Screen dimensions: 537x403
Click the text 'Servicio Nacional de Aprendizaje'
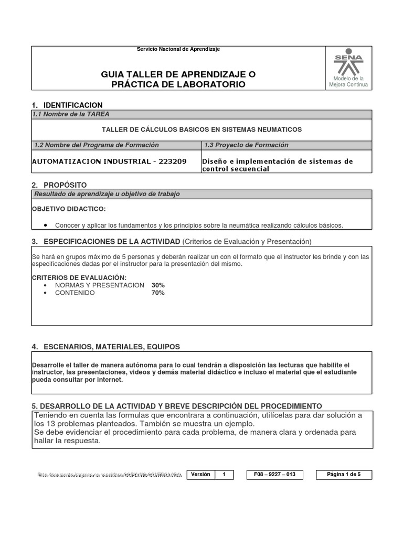[178, 49]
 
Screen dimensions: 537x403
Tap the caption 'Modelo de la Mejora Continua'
[348, 81]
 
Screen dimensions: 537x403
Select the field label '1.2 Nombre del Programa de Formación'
[96, 145]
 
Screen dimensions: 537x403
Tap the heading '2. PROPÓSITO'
[59, 185]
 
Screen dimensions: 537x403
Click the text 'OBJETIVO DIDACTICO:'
[69, 209]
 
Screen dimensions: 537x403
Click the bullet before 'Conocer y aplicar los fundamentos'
[47, 225]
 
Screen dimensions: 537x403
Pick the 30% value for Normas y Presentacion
[157, 285]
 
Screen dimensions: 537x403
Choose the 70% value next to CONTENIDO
[157, 293]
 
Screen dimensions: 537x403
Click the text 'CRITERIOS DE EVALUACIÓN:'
[79, 277]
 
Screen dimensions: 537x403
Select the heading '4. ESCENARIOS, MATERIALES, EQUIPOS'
[105, 347]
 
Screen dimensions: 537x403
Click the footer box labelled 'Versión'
[200, 475]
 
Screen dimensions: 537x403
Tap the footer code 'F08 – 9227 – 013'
[274, 475]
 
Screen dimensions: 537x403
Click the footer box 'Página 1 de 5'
[344, 475]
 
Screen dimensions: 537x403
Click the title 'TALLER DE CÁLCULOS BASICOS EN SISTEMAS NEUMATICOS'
[201, 130]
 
